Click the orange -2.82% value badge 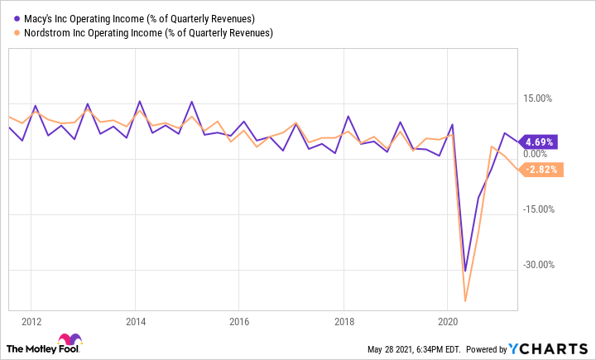[541, 170]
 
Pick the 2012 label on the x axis [31, 322]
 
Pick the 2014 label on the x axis [136, 322]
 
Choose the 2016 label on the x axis [239, 322]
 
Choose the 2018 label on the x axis [344, 322]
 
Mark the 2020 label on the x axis [447, 322]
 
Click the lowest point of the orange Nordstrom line [466, 300]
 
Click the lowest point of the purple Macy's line [465, 271]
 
